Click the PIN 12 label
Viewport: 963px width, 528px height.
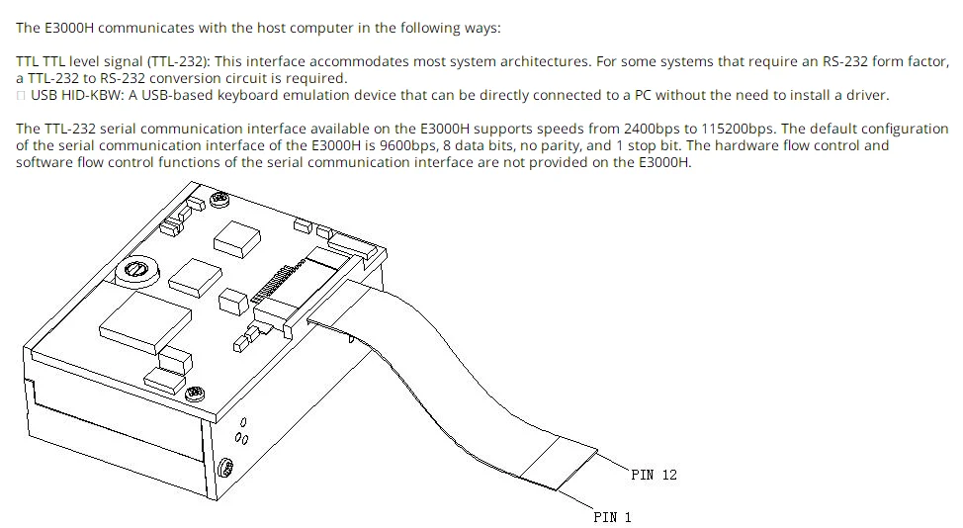(x=654, y=475)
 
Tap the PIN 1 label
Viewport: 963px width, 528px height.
(x=612, y=517)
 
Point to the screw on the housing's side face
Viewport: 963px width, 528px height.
(x=224, y=466)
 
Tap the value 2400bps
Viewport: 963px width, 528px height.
(x=655, y=129)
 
